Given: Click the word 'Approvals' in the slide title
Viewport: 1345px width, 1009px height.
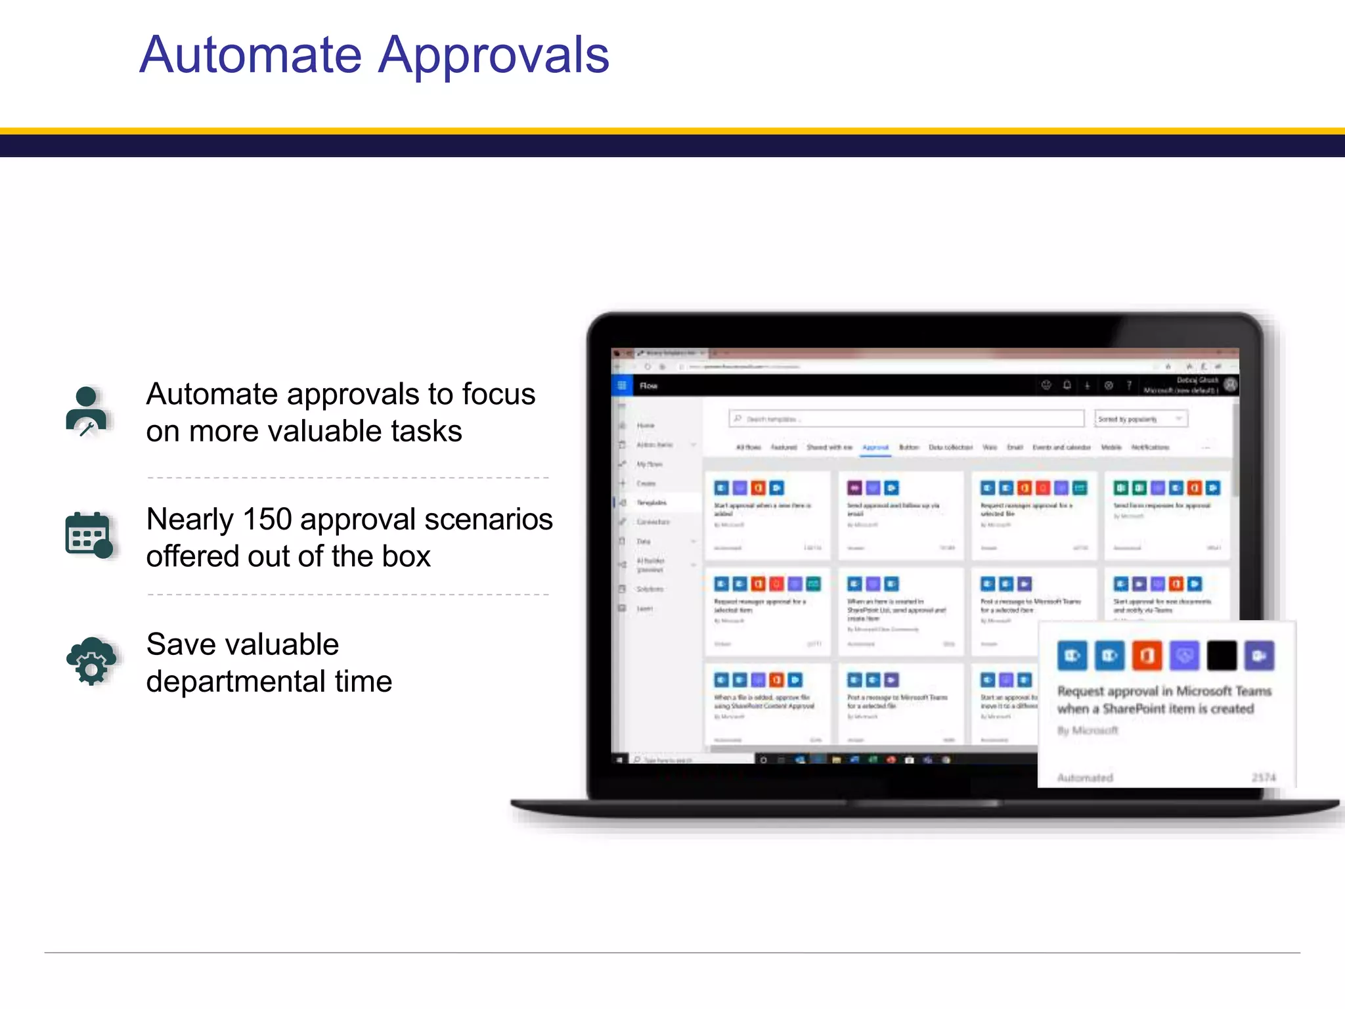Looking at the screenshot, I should (x=494, y=55).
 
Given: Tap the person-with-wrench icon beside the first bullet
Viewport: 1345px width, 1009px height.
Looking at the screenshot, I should (x=87, y=412).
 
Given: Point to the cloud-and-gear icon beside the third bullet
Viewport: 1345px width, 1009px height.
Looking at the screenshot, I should (x=91, y=660).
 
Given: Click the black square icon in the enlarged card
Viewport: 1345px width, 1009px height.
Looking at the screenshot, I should (x=1222, y=656).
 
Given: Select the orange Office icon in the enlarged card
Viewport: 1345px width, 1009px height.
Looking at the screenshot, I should (x=1147, y=656).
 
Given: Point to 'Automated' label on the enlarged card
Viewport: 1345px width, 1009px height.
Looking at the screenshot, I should (x=1085, y=778).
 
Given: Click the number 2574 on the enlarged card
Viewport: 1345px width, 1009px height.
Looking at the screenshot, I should (x=1264, y=778).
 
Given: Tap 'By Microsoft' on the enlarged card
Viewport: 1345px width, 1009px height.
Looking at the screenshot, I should (x=1087, y=730).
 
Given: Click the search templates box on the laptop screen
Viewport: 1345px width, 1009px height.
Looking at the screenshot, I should (x=906, y=418).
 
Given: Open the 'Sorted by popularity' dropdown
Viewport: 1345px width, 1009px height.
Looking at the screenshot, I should (x=1141, y=418).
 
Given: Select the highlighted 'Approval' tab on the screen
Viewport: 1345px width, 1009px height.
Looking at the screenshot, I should (x=875, y=447).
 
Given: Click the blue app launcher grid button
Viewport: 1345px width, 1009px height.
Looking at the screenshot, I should (x=621, y=386).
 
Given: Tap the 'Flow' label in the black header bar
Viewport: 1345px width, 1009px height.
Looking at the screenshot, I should (x=649, y=386).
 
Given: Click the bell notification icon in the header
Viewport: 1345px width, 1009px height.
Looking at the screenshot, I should (x=1067, y=386).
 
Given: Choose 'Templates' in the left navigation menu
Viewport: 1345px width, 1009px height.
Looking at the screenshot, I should (x=651, y=503).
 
